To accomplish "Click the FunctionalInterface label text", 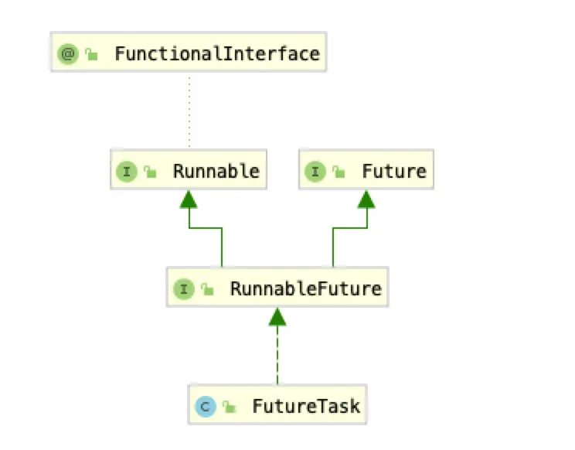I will pyautogui.click(x=216, y=54).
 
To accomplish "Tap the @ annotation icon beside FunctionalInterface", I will pyautogui.click(x=67, y=54).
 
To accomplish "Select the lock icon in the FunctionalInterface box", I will pyautogui.click(x=92, y=55).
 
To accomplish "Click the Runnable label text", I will pyautogui.click(x=216, y=171).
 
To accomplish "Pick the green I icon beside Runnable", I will pyautogui.click(x=127, y=171).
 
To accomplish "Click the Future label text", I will pyautogui.click(x=394, y=171).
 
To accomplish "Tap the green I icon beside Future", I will pyautogui.click(x=315, y=171).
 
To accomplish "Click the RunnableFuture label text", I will pyautogui.click(x=306, y=289).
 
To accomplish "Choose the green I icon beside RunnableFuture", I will pyautogui.click(x=183, y=289).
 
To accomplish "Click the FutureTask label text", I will pyautogui.click(x=306, y=405).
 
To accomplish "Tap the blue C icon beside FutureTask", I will pyautogui.click(x=205, y=405).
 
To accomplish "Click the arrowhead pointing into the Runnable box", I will pyautogui.click(x=189, y=199).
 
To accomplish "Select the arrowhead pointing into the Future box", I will pyautogui.click(x=366, y=199).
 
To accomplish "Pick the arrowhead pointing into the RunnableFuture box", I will pyautogui.click(x=277, y=315).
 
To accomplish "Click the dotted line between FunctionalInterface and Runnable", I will pyautogui.click(x=189, y=111).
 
